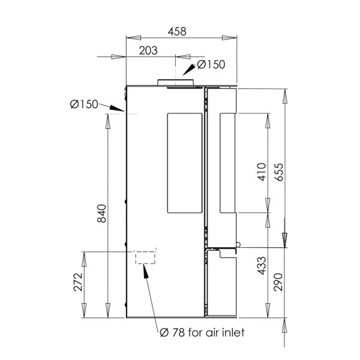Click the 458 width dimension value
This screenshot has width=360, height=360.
[x=177, y=31]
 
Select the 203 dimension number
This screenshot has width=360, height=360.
[x=148, y=50]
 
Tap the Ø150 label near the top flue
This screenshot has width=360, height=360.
[x=211, y=65]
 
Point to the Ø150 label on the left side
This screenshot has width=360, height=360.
[x=84, y=104]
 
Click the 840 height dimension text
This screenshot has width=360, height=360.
[x=102, y=214]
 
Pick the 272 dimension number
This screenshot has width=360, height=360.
[x=78, y=282]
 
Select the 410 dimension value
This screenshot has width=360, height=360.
[x=262, y=172]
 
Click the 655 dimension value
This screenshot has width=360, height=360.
[x=279, y=172]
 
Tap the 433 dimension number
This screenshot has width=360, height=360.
[x=262, y=266]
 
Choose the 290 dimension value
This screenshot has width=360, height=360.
[x=278, y=282]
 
